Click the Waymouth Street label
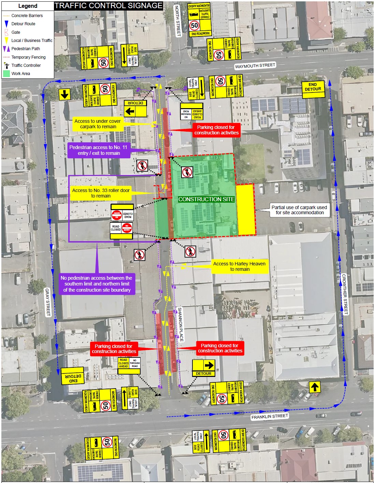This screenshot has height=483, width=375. tap(255, 65)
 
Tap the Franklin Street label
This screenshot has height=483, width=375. tap(270, 416)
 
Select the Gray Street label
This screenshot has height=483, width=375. tap(48, 302)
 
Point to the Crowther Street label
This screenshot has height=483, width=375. tap(345, 294)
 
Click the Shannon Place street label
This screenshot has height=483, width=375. tap(181, 324)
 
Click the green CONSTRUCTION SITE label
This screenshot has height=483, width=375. tap(206, 199)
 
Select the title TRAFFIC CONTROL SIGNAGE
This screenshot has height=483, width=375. tap(109, 6)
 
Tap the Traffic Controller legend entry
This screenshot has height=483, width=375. tap(26, 65)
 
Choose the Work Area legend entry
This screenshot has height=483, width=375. tap(20, 73)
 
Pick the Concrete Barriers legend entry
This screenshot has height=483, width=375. tap(27, 16)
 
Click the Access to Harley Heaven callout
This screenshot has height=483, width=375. tap(240, 266)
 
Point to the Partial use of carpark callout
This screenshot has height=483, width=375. tap(299, 210)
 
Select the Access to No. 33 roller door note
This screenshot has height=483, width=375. tap(101, 193)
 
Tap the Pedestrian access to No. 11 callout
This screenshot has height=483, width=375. tap(99, 150)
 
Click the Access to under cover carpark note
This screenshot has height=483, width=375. tap(98, 124)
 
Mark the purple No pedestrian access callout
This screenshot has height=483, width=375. tap(97, 284)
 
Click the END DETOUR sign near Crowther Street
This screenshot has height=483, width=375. tap(313, 87)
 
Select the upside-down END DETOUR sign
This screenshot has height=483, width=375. tap(73, 376)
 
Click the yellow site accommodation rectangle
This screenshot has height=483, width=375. tap(245, 209)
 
